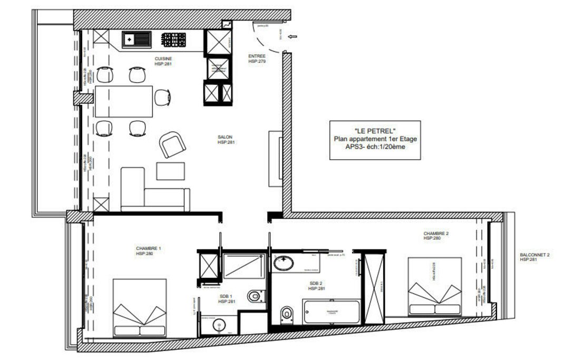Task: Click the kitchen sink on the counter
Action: pos(136,39)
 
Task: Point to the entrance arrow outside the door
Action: pos(293,37)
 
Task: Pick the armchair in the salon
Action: pos(171,144)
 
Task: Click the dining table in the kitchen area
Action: pos(124,101)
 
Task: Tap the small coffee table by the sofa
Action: pos(171,171)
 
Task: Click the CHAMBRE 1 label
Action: pos(148,248)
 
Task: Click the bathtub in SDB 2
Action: pos(331,312)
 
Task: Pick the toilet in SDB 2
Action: pos(286,314)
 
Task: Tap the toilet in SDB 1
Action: pos(255,296)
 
